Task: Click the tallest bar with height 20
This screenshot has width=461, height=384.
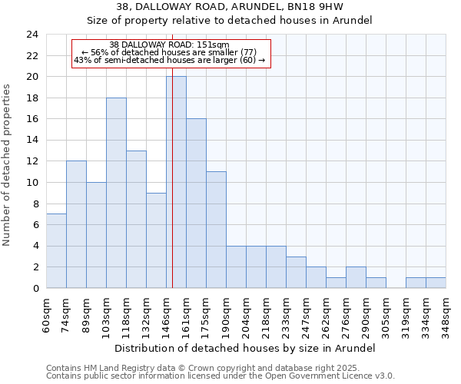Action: click(176, 182)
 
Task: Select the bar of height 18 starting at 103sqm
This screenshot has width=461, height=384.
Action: click(116, 193)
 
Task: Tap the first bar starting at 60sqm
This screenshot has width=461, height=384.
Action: click(56, 251)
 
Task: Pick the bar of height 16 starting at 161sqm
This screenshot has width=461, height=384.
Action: click(196, 204)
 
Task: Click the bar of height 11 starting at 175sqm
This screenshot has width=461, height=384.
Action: click(216, 230)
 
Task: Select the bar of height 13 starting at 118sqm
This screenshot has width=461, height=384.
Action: click(136, 219)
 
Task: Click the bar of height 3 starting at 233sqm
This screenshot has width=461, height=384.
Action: click(296, 272)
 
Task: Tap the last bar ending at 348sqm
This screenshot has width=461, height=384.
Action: click(436, 283)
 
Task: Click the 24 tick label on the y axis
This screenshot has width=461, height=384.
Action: click(32, 35)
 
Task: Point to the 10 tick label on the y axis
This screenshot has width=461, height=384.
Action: click(32, 183)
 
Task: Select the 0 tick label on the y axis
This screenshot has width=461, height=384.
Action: click(35, 288)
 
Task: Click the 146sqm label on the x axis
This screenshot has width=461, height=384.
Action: click(167, 314)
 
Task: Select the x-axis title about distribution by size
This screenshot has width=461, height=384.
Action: click(246, 348)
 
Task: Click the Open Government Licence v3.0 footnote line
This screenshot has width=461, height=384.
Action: click(221, 376)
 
